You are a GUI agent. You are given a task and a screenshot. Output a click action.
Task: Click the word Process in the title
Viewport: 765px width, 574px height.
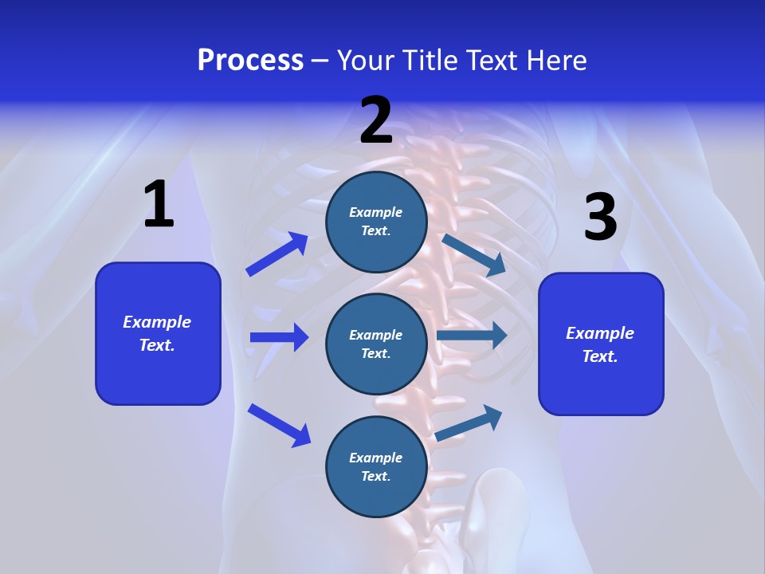250,61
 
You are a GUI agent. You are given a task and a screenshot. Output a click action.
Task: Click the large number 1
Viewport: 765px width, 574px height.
159,205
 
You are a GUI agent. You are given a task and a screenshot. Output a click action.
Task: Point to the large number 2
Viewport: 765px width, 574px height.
376,120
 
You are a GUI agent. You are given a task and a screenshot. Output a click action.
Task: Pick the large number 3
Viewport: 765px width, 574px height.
600,218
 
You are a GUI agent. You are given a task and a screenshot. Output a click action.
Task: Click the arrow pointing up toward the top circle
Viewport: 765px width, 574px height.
277,254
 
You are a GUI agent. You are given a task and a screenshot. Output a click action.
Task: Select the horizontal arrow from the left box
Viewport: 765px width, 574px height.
279,337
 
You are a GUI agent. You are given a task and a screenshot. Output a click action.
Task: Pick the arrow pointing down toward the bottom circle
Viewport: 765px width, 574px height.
280,424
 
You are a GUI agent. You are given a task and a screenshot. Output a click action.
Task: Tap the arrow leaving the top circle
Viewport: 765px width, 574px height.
474,255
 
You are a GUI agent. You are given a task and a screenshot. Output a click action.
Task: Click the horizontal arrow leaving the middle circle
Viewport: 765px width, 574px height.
472,336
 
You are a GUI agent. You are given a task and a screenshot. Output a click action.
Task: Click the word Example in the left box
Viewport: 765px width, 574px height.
157,322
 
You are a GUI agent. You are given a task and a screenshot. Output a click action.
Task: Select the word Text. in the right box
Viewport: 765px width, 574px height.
600,356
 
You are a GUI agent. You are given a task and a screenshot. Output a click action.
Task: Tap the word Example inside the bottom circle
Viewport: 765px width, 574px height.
376,458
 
